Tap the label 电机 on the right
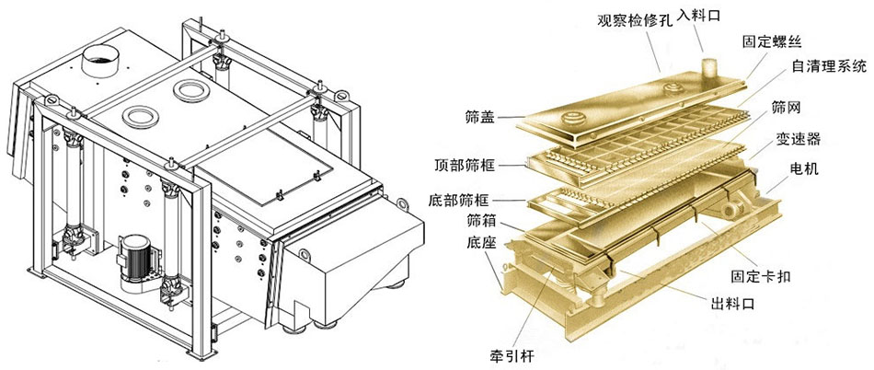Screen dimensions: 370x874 804,170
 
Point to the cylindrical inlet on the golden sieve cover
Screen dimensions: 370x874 708,70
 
